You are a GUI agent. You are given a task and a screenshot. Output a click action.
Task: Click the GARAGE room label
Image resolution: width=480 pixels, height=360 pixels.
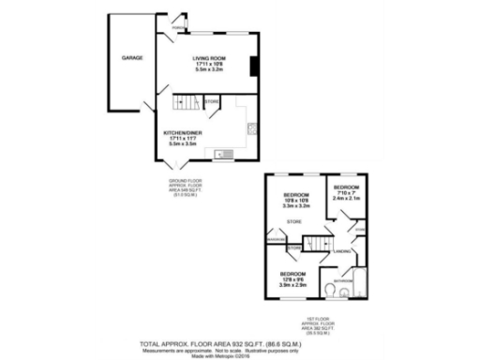(130, 58)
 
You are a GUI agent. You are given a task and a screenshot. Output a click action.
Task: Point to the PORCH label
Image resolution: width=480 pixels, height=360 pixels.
(175, 29)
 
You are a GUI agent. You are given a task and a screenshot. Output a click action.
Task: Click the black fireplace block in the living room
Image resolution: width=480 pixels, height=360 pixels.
(252, 66)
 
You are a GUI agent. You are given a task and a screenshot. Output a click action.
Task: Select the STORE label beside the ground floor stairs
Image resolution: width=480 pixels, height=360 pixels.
(213, 100)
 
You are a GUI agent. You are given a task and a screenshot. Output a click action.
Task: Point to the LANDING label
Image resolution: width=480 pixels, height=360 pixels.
(341, 251)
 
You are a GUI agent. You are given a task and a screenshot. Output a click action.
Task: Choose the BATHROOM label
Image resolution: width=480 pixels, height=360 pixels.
(343, 279)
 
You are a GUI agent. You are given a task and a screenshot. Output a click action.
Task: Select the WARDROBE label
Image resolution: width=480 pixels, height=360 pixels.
(276, 238)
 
